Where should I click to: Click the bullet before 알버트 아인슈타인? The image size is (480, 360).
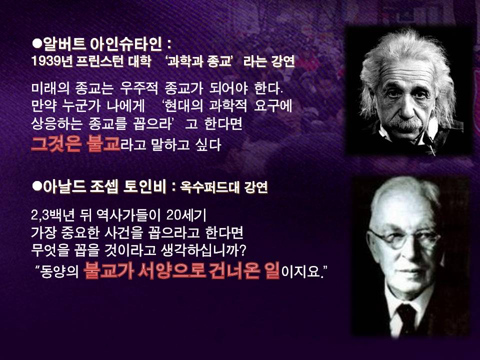pos(36,43)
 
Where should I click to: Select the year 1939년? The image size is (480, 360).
pos(51,61)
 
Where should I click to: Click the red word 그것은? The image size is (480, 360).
pos(56,143)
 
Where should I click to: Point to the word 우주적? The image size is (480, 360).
pos(138,88)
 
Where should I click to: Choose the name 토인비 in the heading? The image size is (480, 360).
pos(144,186)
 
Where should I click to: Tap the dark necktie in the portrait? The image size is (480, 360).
pos(406,318)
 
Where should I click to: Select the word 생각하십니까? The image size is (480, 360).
pos(203,250)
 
